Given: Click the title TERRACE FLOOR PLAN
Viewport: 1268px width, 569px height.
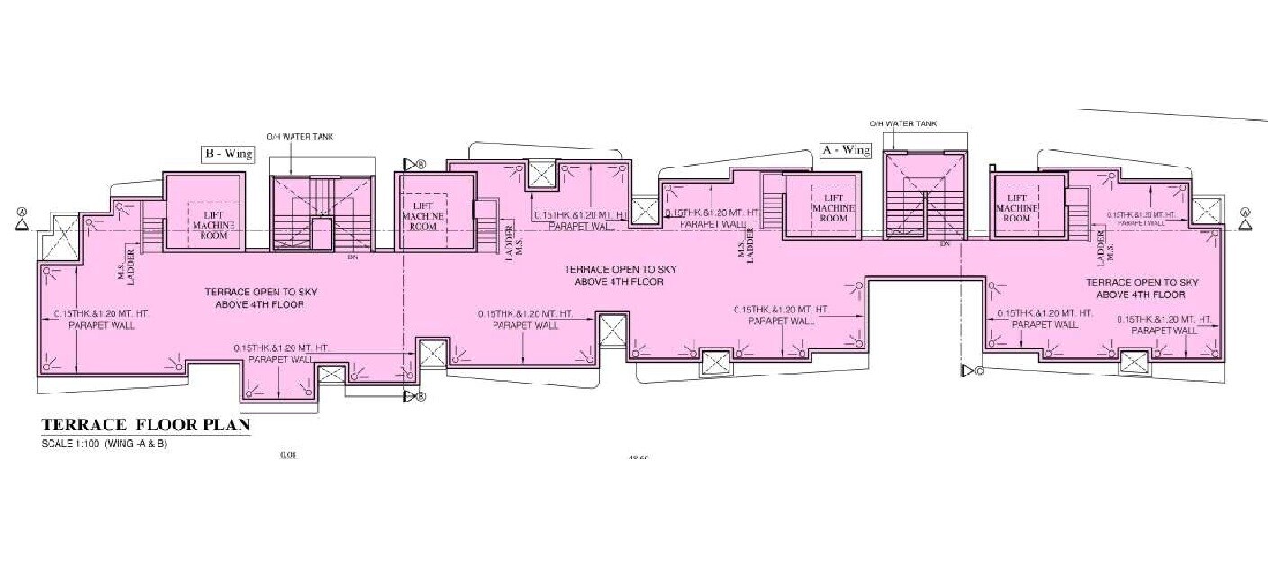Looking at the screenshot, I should click(144, 426).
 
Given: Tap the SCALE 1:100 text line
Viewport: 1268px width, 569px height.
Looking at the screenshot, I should click(105, 445).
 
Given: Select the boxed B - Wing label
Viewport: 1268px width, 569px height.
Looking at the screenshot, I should click(228, 154).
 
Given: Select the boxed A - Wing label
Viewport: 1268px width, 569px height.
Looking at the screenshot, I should click(847, 150).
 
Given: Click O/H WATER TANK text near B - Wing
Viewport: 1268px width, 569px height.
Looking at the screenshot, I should click(294, 137).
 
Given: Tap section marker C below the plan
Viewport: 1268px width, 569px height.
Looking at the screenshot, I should click(971, 370).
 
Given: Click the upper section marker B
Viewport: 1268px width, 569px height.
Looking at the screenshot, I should click(414, 164).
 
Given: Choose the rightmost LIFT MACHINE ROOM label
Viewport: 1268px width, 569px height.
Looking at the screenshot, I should click(1018, 210).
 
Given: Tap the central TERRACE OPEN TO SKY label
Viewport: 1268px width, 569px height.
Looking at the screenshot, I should click(620, 275).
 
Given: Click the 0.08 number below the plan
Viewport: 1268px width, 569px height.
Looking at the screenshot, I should click(288, 456).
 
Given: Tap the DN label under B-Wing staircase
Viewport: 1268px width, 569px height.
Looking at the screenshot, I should click(352, 257).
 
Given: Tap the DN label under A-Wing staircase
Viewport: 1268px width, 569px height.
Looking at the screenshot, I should click(945, 243).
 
